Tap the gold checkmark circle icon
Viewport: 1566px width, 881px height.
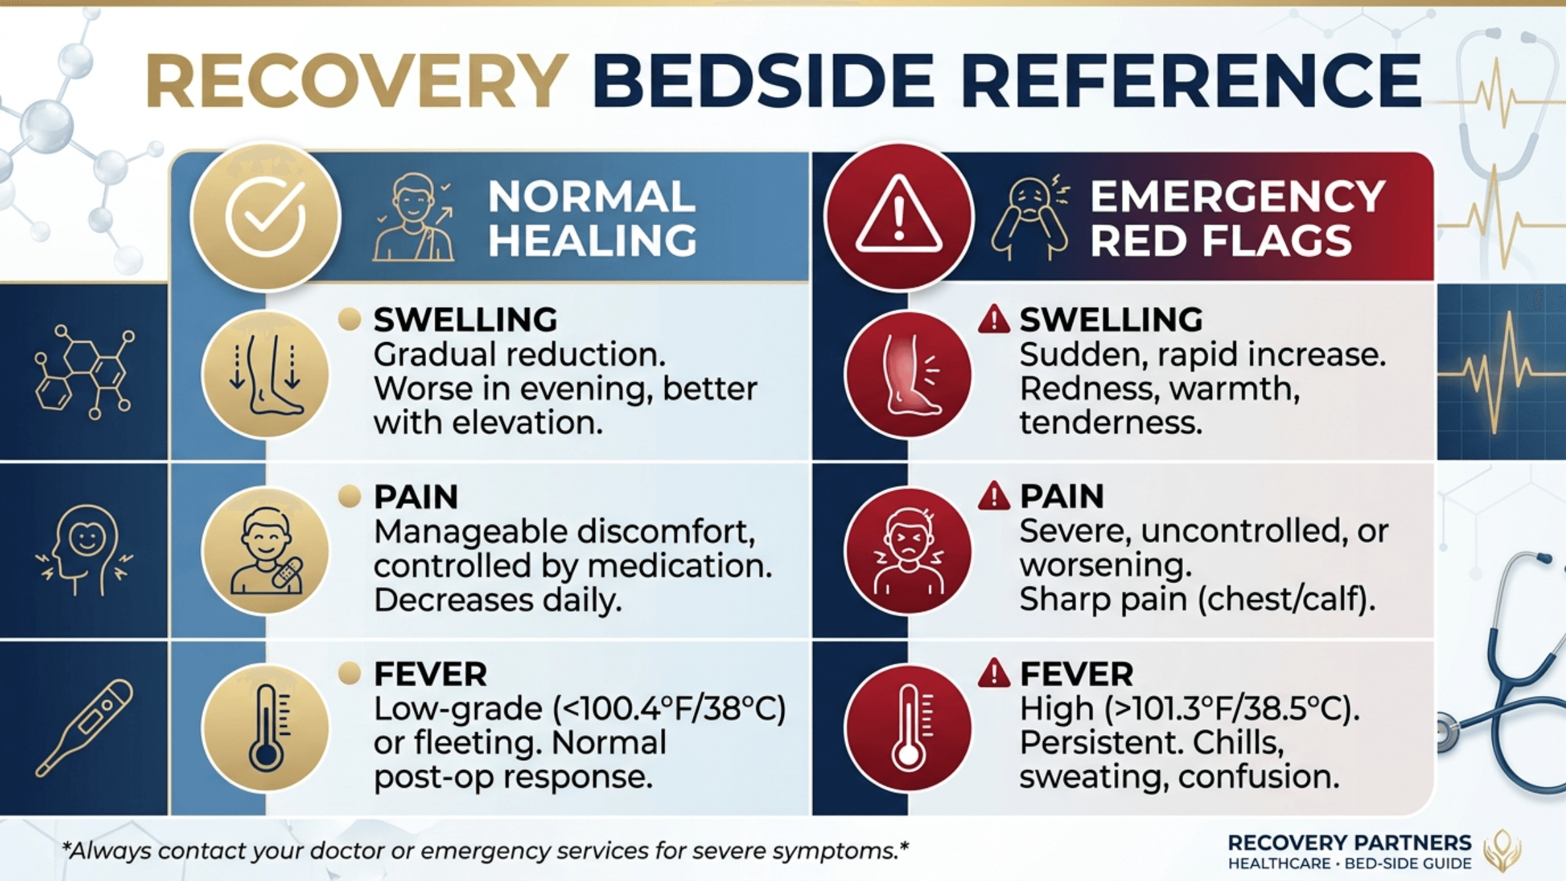click(266, 217)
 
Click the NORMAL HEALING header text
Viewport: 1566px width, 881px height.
click(592, 218)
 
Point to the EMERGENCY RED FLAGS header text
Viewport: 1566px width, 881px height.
click(1237, 218)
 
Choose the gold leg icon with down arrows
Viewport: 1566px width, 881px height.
click(266, 374)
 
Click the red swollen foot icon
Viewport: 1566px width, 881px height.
click(908, 374)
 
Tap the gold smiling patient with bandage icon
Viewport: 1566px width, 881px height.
click(266, 551)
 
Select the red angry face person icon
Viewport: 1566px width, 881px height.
click(908, 551)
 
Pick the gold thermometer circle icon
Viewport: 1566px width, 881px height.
click(266, 728)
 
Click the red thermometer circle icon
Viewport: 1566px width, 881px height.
click(908, 728)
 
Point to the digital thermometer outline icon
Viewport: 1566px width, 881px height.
click(84, 728)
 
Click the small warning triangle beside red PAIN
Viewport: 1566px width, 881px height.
click(994, 497)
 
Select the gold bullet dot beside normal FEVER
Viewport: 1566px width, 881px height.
click(349, 674)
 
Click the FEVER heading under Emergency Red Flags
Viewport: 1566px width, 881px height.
click(1077, 674)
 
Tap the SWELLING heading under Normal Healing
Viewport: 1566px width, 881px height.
click(466, 320)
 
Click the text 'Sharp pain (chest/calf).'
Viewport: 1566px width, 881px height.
click(1197, 600)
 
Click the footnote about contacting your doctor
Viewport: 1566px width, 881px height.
click(485, 851)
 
